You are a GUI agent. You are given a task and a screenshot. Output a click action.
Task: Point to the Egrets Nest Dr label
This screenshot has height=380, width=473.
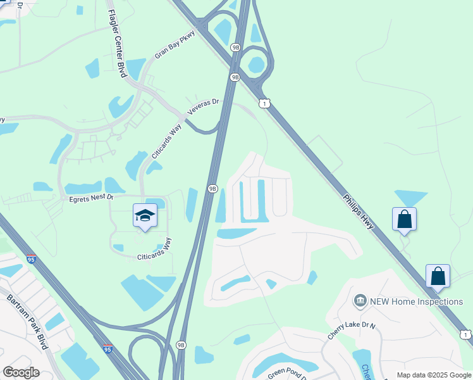(x=92, y=198)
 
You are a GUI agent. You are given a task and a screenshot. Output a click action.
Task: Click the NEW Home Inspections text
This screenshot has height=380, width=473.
(x=416, y=301)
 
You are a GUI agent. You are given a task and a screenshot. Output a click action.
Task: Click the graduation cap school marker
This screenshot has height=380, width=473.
(x=145, y=216)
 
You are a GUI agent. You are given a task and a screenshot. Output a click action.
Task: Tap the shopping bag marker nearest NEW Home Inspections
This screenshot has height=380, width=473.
(x=438, y=276)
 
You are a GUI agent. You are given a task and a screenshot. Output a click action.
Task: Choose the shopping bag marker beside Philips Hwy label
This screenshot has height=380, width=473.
(x=405, y=220)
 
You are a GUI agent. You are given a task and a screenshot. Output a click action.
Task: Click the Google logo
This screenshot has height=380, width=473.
(x=21, y=372)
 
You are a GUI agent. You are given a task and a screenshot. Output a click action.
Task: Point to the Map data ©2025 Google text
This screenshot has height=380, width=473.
(x=434, y=375)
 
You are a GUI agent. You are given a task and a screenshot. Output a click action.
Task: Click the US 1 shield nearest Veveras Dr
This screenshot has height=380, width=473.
(x=265, y=103)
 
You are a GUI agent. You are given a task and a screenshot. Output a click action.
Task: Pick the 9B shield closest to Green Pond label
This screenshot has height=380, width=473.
(x=181, y=345)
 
